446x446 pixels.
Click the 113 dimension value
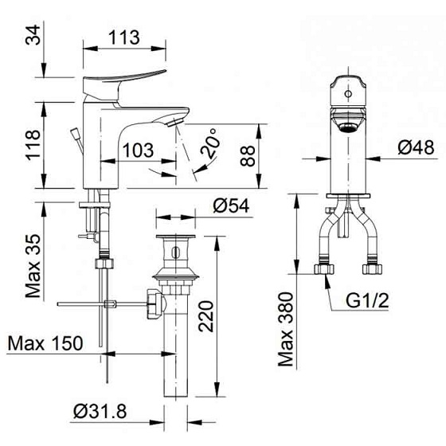coord(123,37)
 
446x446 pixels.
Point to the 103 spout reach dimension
coord(139,149)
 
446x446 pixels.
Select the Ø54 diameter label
coord(232,205)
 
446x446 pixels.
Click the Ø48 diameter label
coord(416,148)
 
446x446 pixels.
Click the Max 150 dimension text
coord(45,343)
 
